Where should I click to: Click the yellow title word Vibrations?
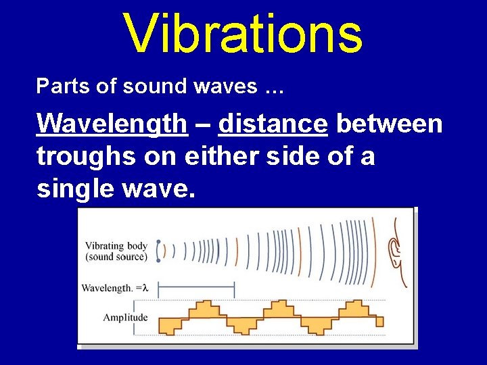(x=243, y=33)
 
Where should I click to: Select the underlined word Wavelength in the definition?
(x=112, y=124)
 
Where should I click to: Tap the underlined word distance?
(x=273, y=124)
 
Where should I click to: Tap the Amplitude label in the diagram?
(x=125, y=317)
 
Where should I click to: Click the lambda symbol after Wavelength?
(x=143, y=288)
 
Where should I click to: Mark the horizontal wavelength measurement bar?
(x=195, y=289)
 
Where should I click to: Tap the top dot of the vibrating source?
(x=158, y=242)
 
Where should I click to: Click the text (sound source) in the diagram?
(x=116, y=257)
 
